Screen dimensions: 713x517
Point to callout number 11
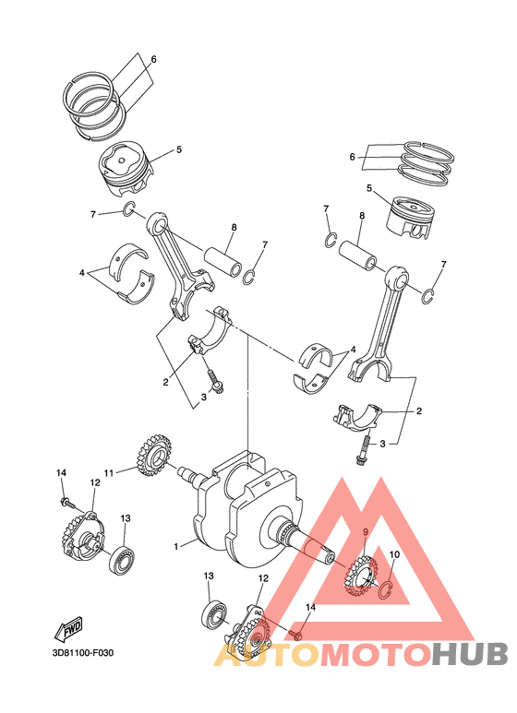tap(108, 473)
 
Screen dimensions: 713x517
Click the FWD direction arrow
tap(71, 631)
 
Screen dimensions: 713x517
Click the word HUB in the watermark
tap(470, 653)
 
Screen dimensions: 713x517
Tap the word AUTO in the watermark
tap(268, 653)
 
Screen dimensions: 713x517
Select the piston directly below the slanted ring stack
tap(126, 167)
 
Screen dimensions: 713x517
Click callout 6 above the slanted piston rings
tap(153, 59)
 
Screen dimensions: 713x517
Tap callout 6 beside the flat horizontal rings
tap(352, 157)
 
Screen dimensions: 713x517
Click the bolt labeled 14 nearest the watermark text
tap(298, 635)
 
